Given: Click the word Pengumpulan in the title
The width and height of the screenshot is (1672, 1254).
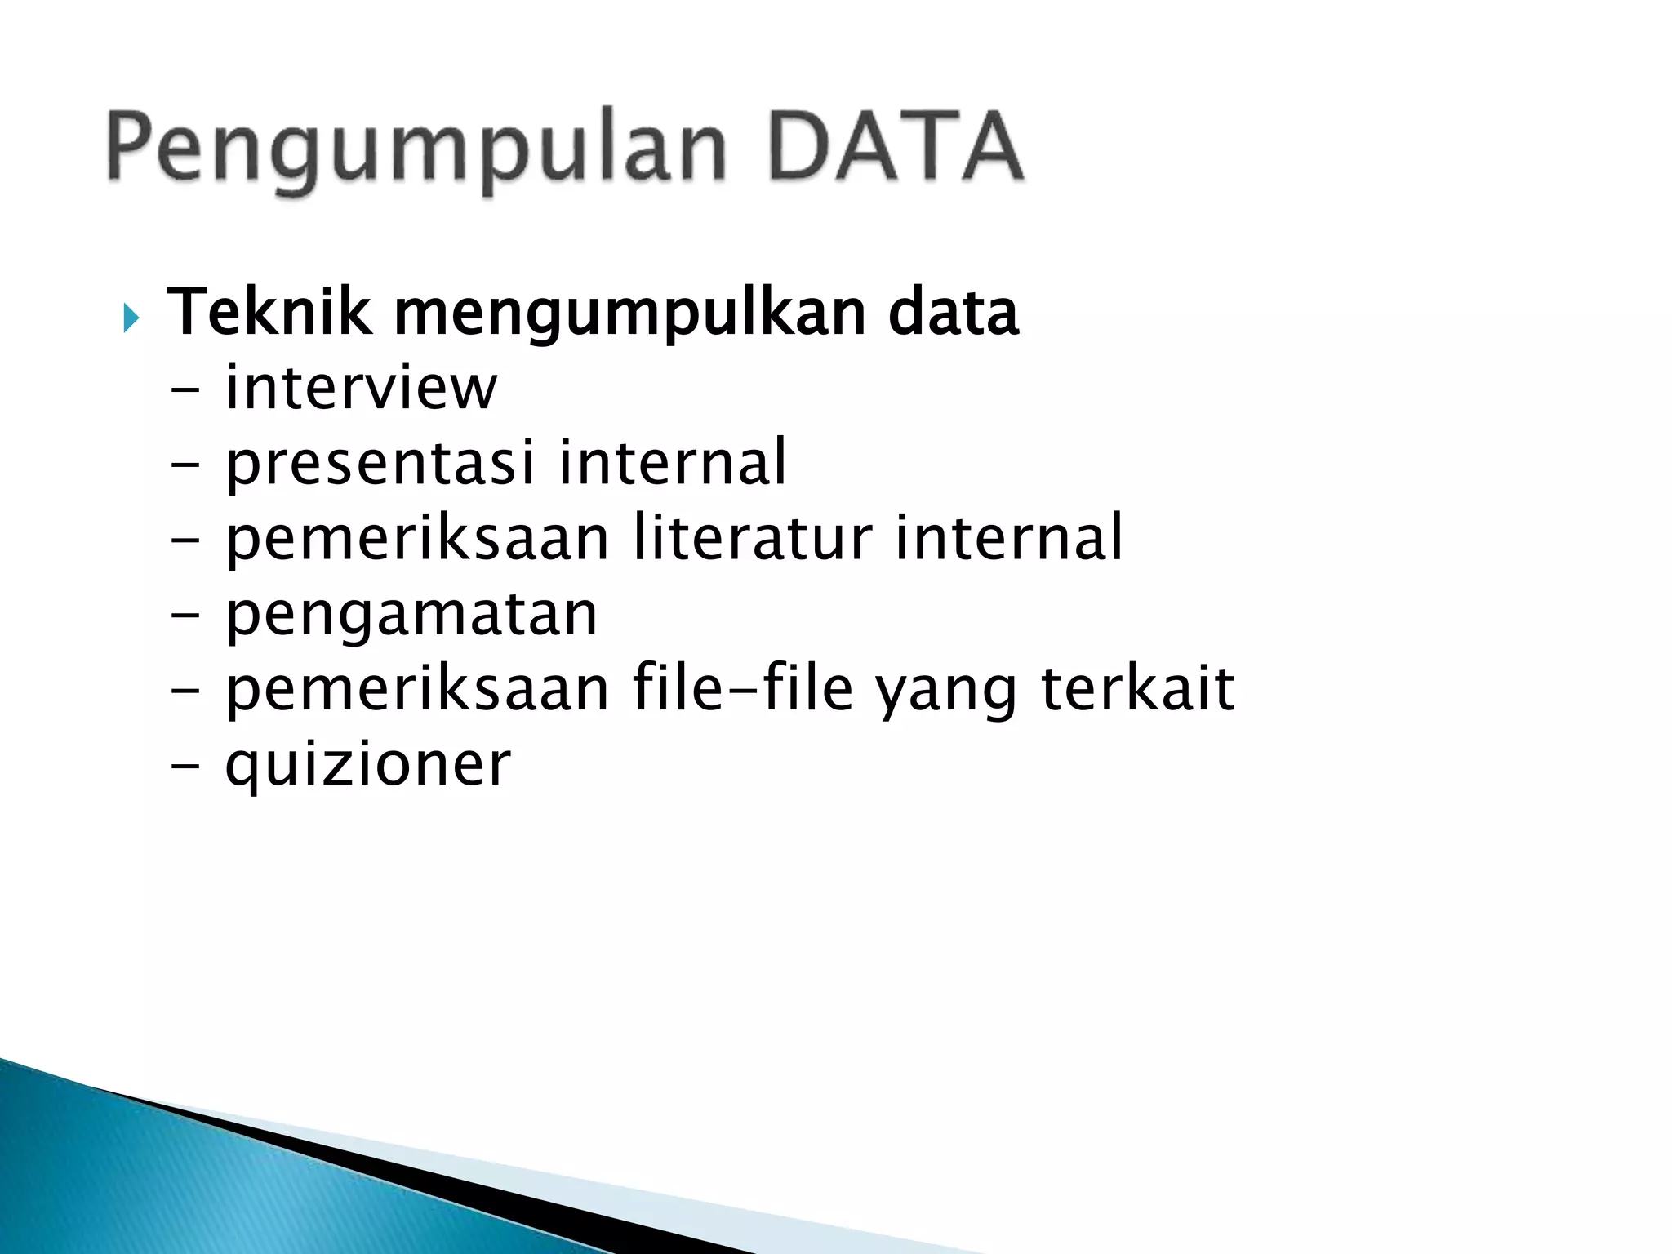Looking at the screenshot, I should point(416,149).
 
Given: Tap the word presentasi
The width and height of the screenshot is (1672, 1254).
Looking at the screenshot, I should point(380,464).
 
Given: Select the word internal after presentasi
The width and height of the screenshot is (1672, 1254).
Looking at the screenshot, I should point(672,462).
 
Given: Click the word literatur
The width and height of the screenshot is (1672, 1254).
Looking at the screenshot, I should point(753,537).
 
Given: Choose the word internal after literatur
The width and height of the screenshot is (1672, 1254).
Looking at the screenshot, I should point(1009,537).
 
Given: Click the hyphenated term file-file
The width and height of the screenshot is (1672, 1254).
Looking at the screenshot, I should point(743,689).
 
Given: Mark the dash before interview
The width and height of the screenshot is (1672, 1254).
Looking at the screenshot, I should point(186,390).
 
